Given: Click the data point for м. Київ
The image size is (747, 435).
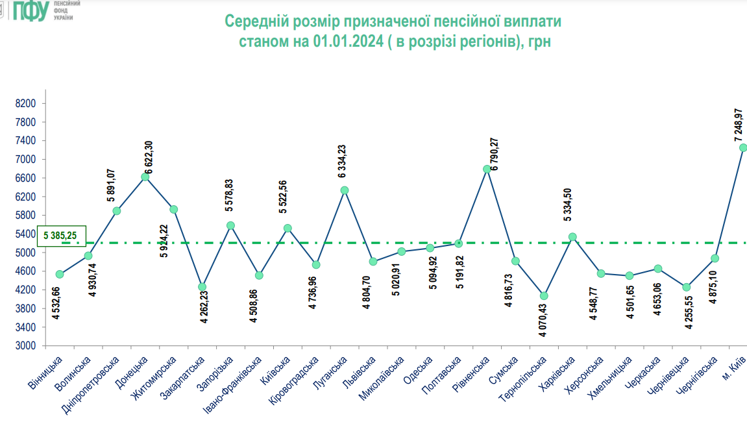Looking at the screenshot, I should pos(743,148).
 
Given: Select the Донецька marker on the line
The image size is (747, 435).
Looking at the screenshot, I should pos(145,177).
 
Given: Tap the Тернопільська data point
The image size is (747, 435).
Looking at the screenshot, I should pos(544,296).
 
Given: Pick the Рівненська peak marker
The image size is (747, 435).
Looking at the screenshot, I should pos(487,169).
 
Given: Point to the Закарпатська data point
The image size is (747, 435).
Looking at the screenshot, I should pos(202,287).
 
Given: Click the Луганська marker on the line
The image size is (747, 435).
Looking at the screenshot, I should pos(345,190).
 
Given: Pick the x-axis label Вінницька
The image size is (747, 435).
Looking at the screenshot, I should pos(46,375).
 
